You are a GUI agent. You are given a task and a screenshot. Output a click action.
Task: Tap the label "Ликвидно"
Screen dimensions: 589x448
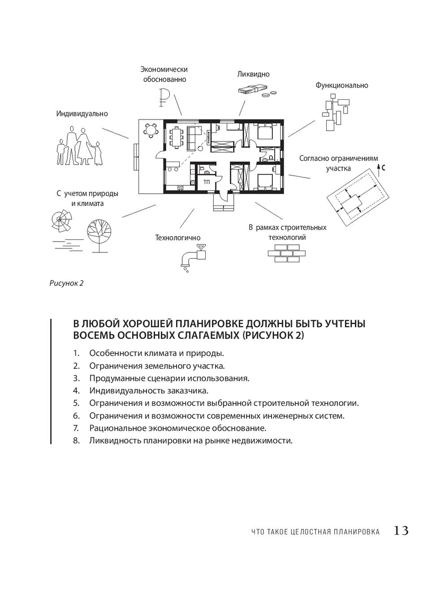254,74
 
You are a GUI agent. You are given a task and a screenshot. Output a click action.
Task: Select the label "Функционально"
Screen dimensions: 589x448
342,85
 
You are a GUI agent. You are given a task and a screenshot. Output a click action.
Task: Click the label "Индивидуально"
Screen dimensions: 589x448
82,114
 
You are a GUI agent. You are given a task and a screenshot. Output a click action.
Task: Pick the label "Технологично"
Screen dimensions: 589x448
178,238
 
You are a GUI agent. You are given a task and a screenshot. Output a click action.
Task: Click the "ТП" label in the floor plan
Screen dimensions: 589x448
207,182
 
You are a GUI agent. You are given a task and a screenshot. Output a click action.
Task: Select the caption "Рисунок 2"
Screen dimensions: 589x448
66,283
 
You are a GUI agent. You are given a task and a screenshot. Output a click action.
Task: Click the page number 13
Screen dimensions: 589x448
401,531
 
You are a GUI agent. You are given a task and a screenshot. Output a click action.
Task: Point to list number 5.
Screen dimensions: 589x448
76,403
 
